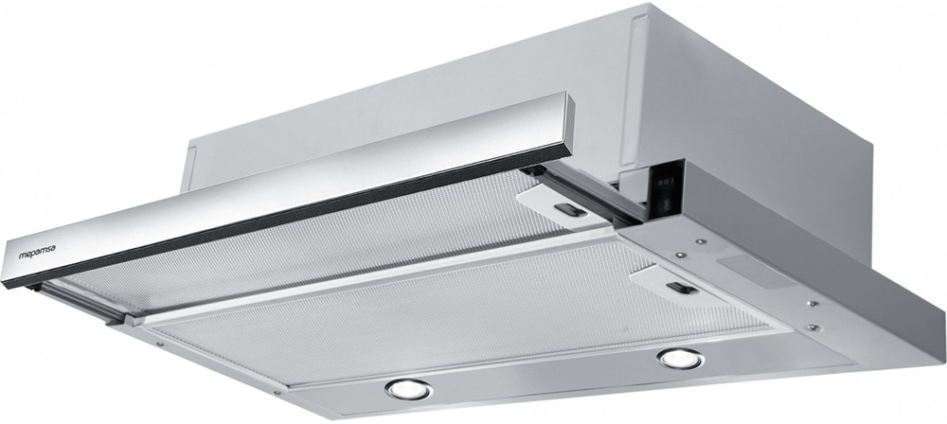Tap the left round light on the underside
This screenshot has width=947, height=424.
pyautogui.click(x=408, y=389)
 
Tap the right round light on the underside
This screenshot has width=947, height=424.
pyautogui.click(x=681, y=359)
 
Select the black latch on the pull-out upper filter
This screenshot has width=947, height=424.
pyautogui.click(x=570, y=210)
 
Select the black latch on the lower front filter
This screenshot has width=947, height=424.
pyautogui.click(x=683, y=288)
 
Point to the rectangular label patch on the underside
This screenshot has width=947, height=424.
pyautogui.click(x=756, y=271)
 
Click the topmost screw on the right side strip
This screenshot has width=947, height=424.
pyautogui.click(x=700, y=241)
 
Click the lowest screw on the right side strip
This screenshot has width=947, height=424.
pyautogui.click(x=813, y=328)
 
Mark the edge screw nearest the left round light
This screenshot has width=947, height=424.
pyautogui.click(x=277, y=392)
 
